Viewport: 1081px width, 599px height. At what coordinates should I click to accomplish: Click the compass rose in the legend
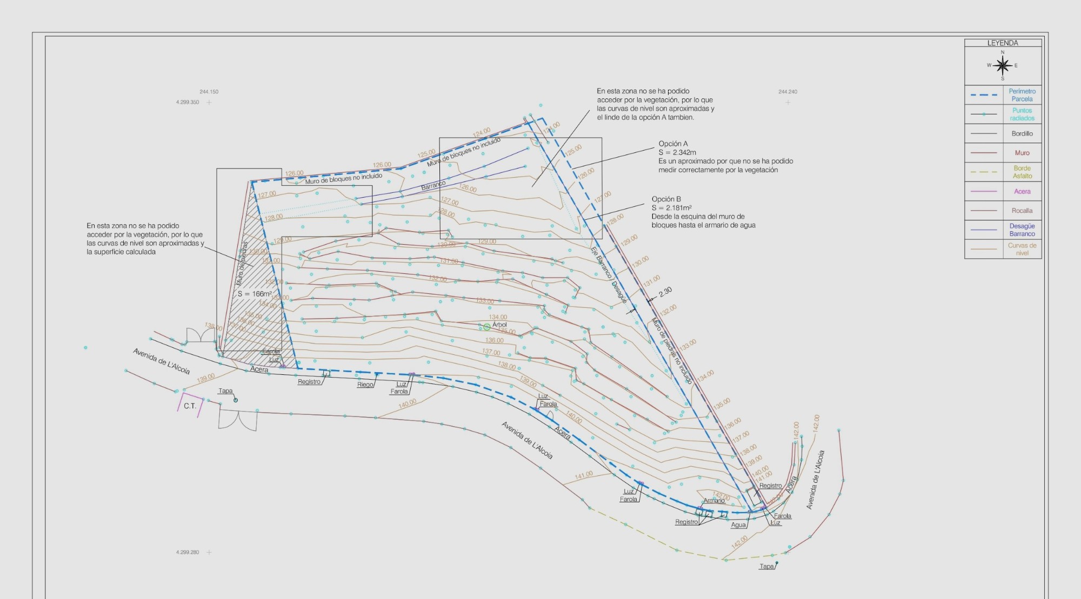[x=1003, y=65]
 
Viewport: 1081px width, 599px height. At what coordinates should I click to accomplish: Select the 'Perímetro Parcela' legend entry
[x=1022, y=95]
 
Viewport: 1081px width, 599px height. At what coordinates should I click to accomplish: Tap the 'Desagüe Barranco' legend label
[x=1022, y=230]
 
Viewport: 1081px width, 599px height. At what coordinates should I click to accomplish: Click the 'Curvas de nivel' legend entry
[x=1022, y=249]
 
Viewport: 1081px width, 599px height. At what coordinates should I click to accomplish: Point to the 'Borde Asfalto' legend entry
[x=1022, y=172]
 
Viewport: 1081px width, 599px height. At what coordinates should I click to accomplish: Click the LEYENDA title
[x=1003, y=43]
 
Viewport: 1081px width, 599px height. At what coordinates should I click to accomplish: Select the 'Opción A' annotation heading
[x=673, y=144]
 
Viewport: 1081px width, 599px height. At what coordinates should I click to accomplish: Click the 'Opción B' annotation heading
[x=666, y=199]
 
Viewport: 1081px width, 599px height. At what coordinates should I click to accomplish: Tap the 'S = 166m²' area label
[x=255, y=294]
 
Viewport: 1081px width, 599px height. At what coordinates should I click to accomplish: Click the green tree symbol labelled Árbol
[x=486, y=327]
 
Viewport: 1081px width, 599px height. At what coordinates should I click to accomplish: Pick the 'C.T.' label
[x=190, y=406]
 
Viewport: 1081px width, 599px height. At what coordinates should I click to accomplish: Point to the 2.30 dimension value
[x=665, y=292]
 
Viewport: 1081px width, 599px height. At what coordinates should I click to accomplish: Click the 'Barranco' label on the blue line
[x=433, y=185]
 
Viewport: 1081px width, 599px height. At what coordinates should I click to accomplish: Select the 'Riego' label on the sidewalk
[x=365, y=385]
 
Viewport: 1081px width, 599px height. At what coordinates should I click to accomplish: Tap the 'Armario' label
[x=714, y=501]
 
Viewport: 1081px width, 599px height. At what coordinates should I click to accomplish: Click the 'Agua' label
[x=738, y=525]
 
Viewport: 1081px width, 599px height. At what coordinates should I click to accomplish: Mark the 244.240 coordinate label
[x=788, y=92]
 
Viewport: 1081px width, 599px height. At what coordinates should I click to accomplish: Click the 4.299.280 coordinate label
[x=187, y=553]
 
